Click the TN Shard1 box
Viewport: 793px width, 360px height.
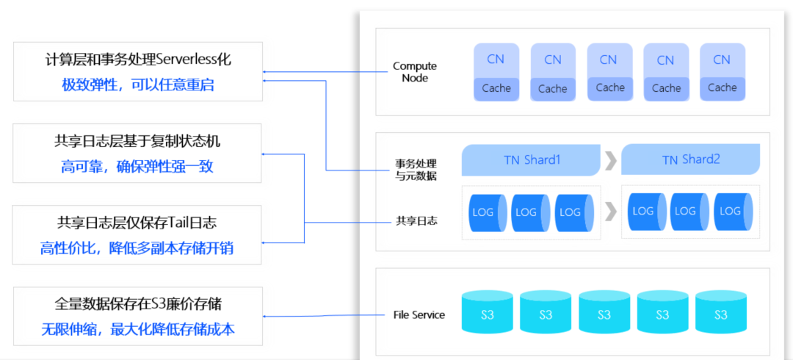tap(531, 160)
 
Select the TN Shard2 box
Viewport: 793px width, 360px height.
tap(690, 160)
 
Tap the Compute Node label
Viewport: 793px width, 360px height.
tap(415, 72)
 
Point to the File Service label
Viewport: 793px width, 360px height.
tap(419, 314)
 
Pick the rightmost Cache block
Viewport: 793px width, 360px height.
tap(723, 88)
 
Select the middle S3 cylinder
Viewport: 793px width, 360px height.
tap(604, 312)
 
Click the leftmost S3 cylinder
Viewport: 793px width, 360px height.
tap(487, 312)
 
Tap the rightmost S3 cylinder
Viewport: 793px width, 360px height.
tap(721, 312)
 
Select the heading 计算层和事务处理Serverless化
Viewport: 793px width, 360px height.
tap(137, 60)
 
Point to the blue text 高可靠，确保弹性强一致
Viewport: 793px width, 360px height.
tap(137, 166)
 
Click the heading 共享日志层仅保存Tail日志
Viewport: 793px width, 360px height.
tap(137, 223)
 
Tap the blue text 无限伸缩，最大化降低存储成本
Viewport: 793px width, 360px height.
tap(137, 329)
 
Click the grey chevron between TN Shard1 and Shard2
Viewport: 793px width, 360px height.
tap(611, 160)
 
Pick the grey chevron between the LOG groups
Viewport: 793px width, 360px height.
tap(611, 212)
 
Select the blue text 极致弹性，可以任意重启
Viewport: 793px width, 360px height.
tap(137, 84)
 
